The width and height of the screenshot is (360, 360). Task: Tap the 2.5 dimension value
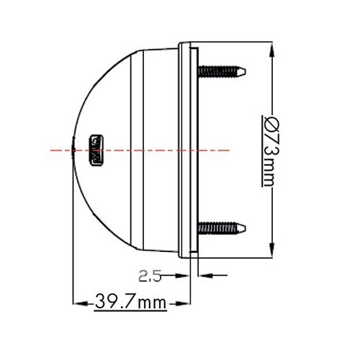[x=148, y=275]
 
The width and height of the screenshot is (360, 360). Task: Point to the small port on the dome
[x=94, y=150]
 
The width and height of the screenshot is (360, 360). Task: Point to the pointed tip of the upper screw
[x=246, y=72]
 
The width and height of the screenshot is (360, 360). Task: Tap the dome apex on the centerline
[x=74, y=150]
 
